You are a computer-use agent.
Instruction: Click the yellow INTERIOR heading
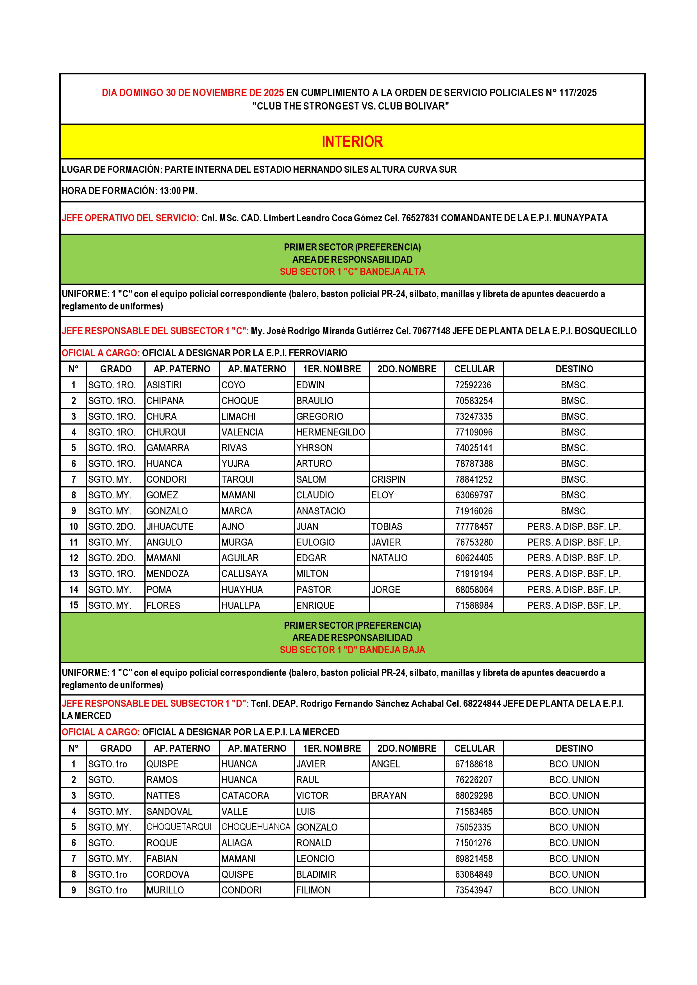352,142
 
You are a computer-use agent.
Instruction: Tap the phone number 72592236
473,385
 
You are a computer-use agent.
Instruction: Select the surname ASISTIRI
164,385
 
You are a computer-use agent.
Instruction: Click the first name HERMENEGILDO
330,432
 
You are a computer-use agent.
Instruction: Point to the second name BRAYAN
389,795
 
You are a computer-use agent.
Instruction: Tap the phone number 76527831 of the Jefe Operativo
419,218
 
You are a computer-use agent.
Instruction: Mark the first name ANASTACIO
321,511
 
